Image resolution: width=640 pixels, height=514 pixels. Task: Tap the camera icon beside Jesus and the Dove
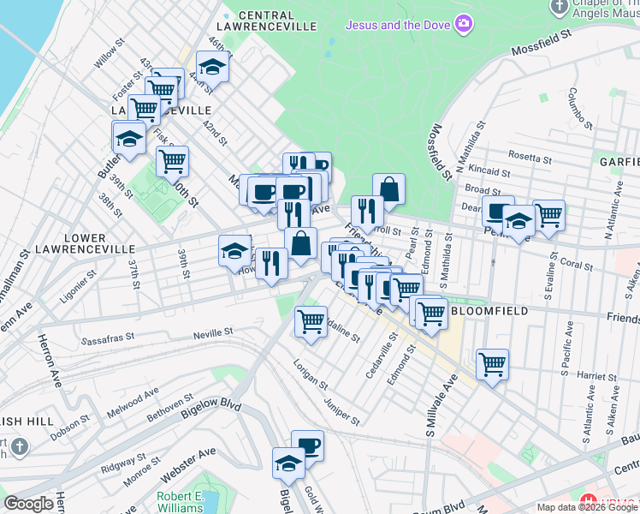(463, 23)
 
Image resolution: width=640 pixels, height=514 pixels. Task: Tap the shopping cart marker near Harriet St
(492, 365)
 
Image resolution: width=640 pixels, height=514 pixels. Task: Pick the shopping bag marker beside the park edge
(388, 188)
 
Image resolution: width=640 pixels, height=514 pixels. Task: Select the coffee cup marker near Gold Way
(308, 445)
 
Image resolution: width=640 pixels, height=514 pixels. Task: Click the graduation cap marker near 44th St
(211, 68)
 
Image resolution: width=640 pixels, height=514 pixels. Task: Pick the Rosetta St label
(529, 158)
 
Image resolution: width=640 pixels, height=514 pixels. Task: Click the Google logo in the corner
(28, 504)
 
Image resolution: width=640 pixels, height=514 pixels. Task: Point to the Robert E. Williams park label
(180, 501)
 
